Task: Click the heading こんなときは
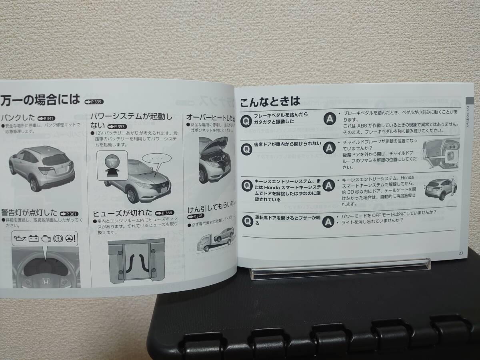(270, 102)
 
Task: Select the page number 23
(461, 252)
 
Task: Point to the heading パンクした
(18, 118)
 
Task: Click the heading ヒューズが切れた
(123, 213)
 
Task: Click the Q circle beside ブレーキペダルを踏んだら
(247, 119)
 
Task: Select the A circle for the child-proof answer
(328, 148)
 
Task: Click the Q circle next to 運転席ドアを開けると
(247, 220)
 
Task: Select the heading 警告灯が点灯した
(30, 213)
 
